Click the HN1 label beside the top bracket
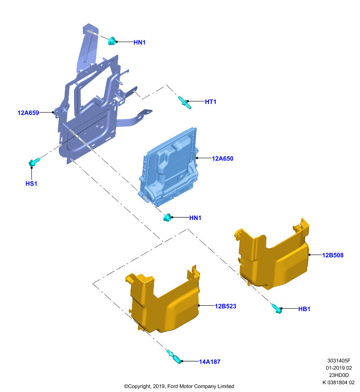[x=139, y=42]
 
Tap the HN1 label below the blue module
[x=195, y=218]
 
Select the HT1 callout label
[x=210, y=102]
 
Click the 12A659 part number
[x=28, y=113]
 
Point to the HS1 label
[x=31, y=183]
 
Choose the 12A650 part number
[x=222, y=158]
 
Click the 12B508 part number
[x=333, y=255]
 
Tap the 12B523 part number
[x=226, y=306]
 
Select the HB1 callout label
[x=304, y=309]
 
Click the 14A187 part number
[x=209, y=362]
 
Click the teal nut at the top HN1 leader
[x=112, y=41]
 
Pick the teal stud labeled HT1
[x=184, y=102]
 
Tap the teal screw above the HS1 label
[x=34, y=162]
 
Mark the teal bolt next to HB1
[x=277, y=308]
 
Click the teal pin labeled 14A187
[x=174, y=357]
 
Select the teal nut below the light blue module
[x=167, y=218]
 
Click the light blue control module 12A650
[x=168, y=167]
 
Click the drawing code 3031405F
[x=339, y=361]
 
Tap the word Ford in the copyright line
[x=173, y=386]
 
